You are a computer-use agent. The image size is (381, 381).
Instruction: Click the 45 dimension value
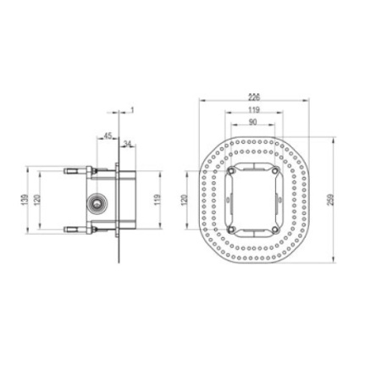108,134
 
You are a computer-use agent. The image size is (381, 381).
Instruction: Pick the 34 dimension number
127,143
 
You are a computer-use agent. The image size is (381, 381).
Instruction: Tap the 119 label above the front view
254,109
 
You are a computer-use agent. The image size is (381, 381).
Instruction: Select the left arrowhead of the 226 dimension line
200,102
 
